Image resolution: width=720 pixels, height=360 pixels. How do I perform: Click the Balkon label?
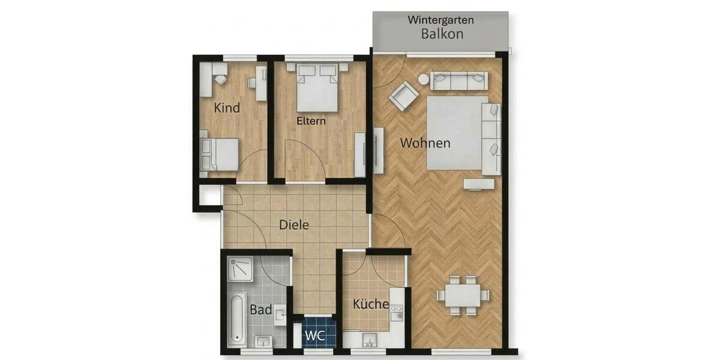[442, 34]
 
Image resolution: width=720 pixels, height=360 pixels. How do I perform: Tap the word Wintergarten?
[441, 19]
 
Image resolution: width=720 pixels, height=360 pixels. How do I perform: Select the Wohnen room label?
[425, 143]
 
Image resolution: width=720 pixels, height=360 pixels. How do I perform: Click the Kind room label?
[227, 108]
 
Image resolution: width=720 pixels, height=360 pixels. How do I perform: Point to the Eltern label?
[311, 121]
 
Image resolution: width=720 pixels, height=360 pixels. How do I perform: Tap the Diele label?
[294, 225]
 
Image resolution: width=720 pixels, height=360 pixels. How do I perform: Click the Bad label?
[261, 310]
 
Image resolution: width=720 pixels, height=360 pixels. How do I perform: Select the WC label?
[316, 335]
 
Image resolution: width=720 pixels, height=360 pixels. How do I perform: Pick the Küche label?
[370, 304]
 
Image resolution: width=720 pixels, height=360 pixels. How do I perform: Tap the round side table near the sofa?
[424, 79]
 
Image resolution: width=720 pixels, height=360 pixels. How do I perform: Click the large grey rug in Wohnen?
[456, 133]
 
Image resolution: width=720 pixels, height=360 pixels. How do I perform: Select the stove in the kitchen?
[395, 312]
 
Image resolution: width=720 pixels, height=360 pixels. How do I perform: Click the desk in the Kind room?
[261, 83]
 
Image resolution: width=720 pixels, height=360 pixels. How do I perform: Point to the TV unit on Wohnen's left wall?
[379, 150]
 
